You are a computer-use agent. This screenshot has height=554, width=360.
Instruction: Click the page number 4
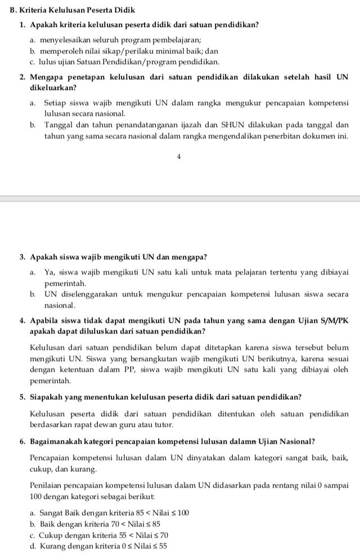coord(178,157)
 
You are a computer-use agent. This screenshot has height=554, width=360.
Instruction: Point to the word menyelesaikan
coord(65,40)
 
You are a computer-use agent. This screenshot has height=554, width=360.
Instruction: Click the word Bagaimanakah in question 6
coord(57,441)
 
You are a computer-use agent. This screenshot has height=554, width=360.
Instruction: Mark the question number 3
coord(22,257)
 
